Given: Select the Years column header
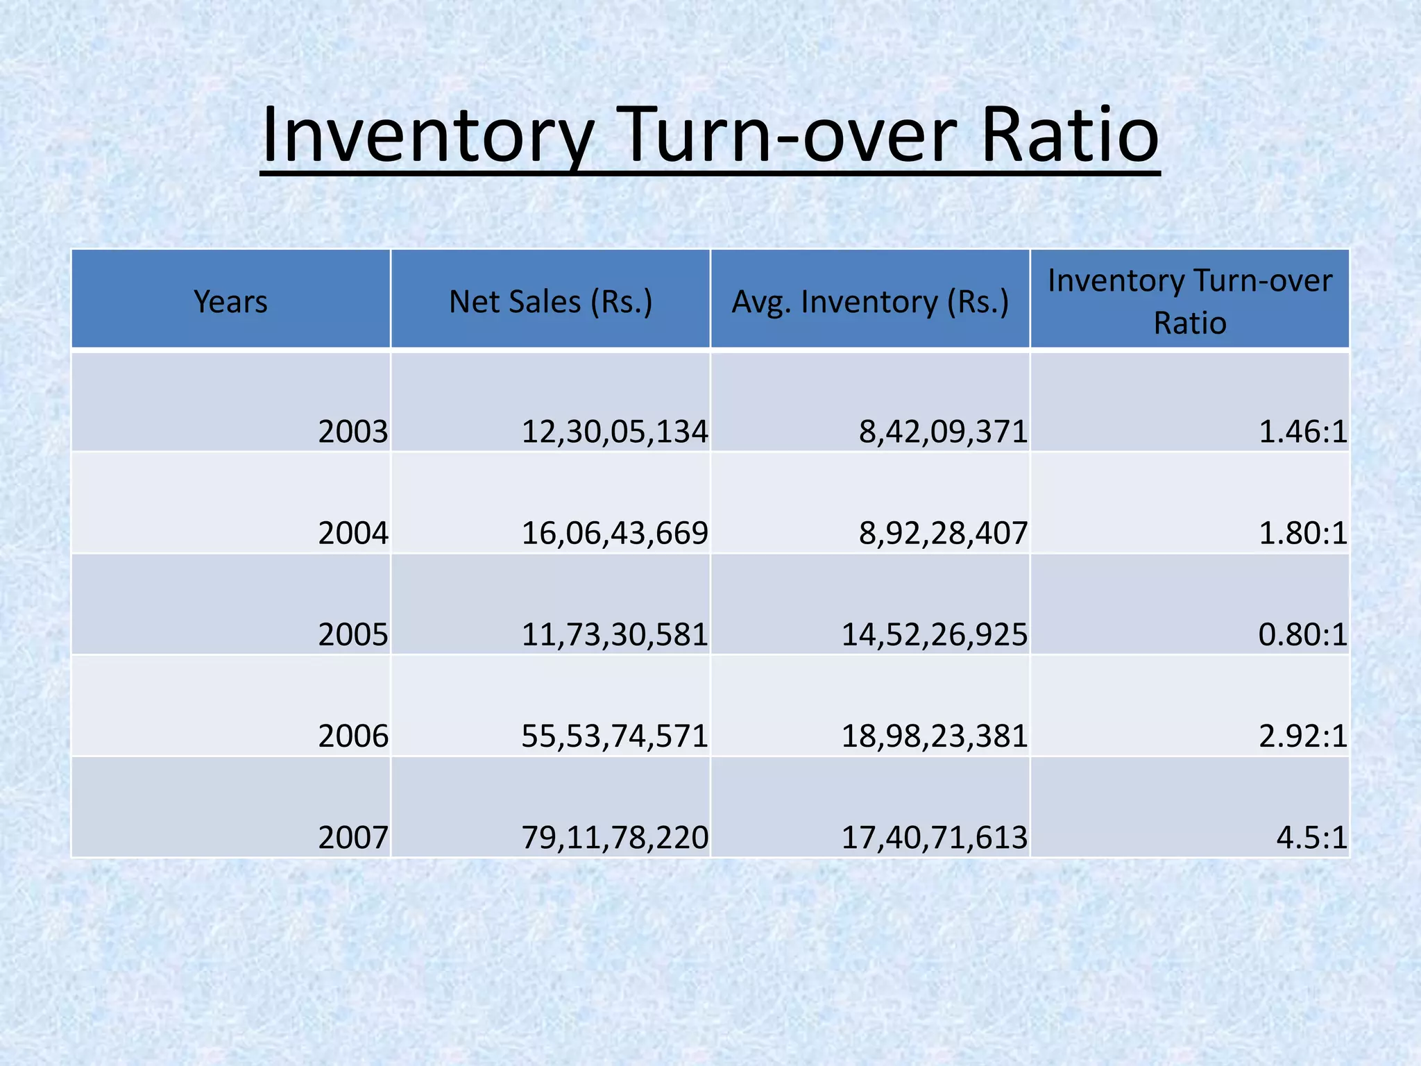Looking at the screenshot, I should [x=230, y=302].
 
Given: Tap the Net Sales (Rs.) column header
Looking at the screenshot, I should [x=550, y=302].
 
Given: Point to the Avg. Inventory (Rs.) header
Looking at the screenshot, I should [x=870, y=302].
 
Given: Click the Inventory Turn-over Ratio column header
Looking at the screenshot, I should [x=1190, y=302].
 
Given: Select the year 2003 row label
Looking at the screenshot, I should [x=353, y=432].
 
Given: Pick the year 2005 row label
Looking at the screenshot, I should [x=353, y=634].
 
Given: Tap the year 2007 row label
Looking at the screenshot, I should [x=353, y=838].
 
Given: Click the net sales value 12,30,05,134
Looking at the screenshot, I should [x=615, y=432].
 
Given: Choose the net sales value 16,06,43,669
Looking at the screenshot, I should [x=615, y=533].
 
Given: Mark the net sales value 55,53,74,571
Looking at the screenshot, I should [x=615, y=736].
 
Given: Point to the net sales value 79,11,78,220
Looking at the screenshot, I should [x=615, y=838].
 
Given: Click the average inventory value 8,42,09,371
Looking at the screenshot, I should [x=943, y=432].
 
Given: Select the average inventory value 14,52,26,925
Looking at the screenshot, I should [x=934, y=634].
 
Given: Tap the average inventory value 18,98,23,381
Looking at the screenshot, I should [x=934, y=736].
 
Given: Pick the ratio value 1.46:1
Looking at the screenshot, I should [x=1302, y=432].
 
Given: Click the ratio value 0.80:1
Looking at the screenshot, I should [x=1302, y=634].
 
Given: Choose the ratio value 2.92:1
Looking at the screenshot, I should [x=1302, y=736].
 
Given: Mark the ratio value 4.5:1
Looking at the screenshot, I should [x=1311, y=838].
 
